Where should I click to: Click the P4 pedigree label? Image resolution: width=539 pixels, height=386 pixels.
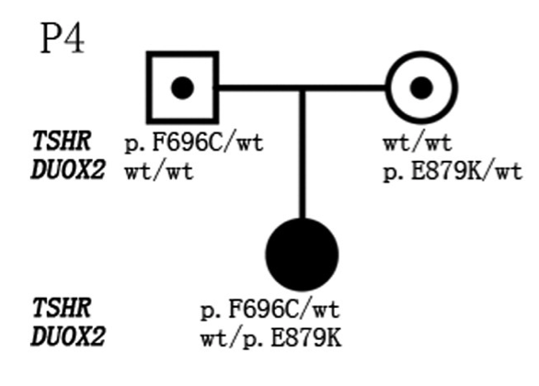63,38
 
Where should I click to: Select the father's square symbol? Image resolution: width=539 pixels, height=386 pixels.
148,87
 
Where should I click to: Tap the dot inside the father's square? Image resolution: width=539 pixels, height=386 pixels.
182,88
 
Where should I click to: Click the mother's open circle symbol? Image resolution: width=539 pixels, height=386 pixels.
388,87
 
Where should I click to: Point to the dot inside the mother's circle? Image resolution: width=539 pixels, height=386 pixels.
421,88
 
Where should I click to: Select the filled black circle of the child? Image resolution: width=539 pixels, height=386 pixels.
303,255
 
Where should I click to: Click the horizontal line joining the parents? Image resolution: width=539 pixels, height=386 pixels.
303,88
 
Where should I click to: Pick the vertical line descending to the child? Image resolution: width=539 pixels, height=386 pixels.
303,154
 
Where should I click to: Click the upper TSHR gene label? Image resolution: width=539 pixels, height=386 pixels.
62,141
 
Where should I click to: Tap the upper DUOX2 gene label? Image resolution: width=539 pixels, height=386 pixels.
68,170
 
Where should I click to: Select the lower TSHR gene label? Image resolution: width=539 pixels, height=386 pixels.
62,308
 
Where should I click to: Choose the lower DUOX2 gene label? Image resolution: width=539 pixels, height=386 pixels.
68,336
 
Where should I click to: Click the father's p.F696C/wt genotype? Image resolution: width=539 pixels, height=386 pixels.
194,142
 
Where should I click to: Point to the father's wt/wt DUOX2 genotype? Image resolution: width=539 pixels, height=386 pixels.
159,172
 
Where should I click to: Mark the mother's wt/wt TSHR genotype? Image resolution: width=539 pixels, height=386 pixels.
418,142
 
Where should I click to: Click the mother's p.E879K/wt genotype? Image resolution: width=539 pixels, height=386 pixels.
453,172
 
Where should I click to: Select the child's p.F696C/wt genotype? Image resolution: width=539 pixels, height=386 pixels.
270,309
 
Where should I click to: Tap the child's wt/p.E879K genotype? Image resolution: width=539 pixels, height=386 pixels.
271,338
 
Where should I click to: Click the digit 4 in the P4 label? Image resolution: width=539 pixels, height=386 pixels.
74,38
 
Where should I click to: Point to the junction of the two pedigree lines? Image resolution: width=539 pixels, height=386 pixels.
303,88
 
